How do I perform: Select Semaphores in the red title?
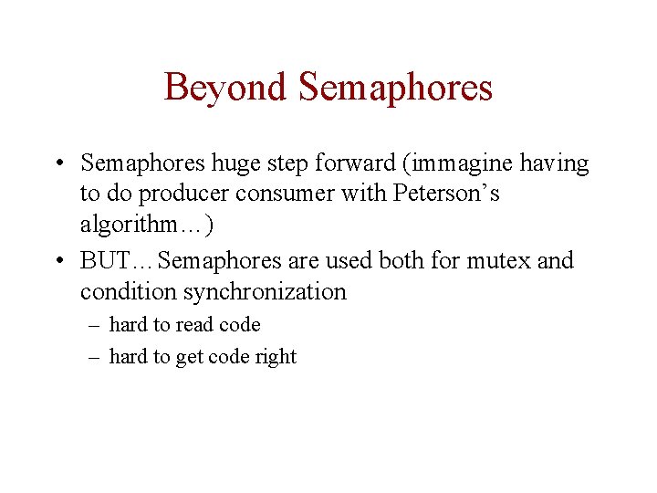point(395,89)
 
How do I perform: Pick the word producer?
point(183,194)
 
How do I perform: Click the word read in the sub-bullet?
point(193,325)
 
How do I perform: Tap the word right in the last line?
point(276,357)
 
